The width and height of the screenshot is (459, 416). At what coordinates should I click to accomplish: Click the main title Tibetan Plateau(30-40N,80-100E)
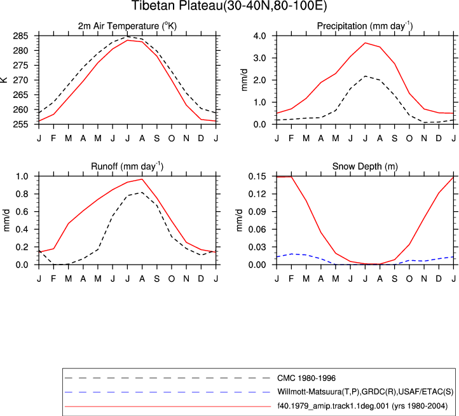(x=229, y=6)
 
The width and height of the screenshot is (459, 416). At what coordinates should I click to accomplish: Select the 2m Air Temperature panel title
(x=127, y=26)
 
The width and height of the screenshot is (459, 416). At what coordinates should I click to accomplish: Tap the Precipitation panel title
(x=365, y=26)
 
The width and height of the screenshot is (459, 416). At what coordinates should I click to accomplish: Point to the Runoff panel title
(x=127, y=167)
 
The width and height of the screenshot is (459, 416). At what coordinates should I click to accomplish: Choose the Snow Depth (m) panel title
(x=365, y=167)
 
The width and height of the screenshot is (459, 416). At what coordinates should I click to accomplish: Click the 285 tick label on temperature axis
(x=20, y=36)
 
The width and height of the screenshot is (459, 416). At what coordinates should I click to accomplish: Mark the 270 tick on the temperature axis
(x=20, y=80)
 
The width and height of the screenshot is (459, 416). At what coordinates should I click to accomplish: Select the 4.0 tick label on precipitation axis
(x=259, y=36)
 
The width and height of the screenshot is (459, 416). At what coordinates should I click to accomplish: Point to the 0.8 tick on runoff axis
(x=22, y=194)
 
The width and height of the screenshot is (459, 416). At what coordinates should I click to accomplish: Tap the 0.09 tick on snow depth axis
(x=257, y=212)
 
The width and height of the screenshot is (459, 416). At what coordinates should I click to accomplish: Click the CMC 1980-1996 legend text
(x=306, y=378)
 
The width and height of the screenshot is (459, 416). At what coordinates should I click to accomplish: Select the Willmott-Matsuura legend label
(x=365, y=392)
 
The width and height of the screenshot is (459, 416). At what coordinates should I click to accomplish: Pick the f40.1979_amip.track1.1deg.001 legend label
(x=362, y=406)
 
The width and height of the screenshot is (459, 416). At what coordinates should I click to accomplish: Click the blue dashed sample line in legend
(x=167, y=392)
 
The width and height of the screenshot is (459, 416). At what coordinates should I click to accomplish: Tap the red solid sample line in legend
(x=167, y=406)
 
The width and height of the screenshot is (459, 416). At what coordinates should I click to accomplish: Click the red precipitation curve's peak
(x=365, y=43)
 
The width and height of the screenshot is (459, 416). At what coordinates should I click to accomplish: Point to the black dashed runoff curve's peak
(x=142, y=192)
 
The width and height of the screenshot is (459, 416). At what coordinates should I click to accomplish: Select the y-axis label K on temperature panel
(x=4, y=80)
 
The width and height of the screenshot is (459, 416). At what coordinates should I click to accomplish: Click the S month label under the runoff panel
(x=156, y=279)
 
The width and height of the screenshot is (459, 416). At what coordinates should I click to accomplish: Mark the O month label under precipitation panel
(x=409, y=138)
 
